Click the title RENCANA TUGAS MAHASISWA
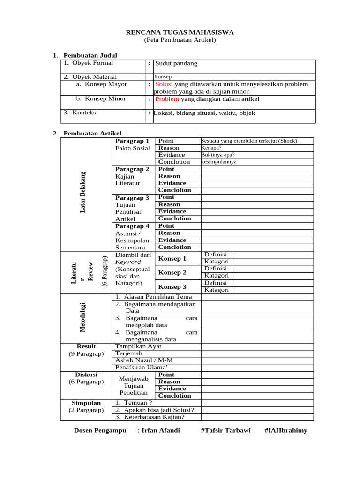tap(180, 32)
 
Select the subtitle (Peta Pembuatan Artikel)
tap(180, 40)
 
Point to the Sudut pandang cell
tap(176, 63)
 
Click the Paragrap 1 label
tap(132, 141)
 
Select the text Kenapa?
tap(211, 148)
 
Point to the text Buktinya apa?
tap(218, 155)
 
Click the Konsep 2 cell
tap(172, 272)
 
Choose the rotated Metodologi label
tap(83, 318)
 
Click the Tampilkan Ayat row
tap(138, 346)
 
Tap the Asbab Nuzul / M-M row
tap(144, 360)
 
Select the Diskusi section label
tap(86, 375)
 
